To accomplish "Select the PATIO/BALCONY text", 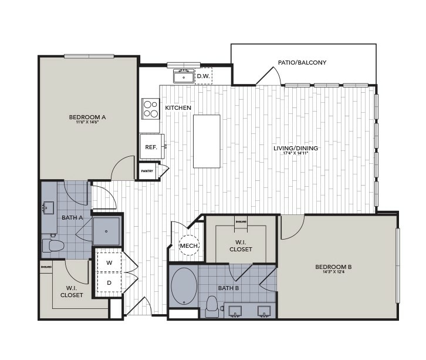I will click(x=302, y=62).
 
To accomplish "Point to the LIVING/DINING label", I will click(x=296, y=148).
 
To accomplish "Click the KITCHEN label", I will click(x=178, y=107).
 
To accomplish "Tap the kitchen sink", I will click(x=184, y=76).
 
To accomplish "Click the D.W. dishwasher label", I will click(x=204, y=76).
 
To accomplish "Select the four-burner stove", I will click(x=151, y=109).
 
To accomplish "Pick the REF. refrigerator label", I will click(x=151, y=147).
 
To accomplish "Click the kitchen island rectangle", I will click(x=207, y=141).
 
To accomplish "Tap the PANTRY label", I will click(x=146, y=171).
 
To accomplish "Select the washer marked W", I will click(x=109, y=263).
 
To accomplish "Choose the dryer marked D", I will click(x=109, y=282).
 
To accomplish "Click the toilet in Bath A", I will click(x=53, y=246).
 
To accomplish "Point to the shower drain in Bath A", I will click(x=106, y=231).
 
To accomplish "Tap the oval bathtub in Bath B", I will click(x=184, y=286).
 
